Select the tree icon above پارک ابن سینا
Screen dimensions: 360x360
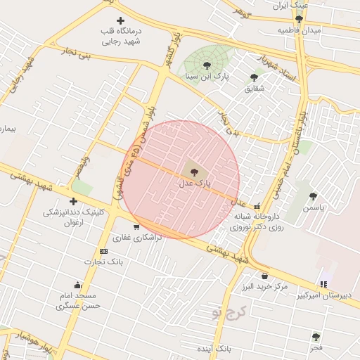[207, 65]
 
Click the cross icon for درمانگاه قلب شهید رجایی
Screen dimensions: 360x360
[121, 21]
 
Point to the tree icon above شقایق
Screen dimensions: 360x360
[254, 77]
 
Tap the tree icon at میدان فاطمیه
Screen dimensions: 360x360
[299, 19]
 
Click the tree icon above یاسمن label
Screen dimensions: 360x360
[313, 197]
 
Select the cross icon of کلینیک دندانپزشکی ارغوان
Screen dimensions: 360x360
[73, 202]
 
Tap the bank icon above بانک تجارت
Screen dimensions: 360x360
[104, 251]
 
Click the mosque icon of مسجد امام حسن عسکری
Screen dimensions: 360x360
[77, 285]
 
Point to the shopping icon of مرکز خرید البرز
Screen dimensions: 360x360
[264, 276]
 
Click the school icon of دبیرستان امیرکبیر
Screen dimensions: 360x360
[323, 284]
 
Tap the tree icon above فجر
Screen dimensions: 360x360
[316, 337]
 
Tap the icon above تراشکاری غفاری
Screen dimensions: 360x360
[136, 227]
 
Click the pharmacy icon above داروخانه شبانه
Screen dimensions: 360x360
[257, 207]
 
